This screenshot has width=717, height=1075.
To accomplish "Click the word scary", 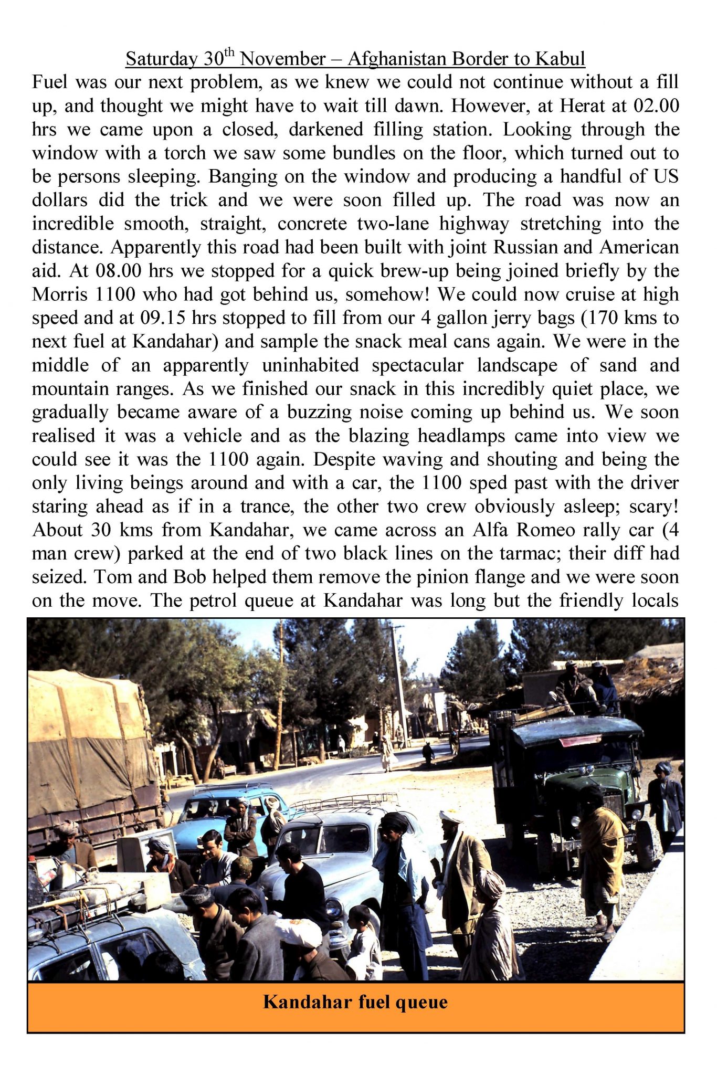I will tap(653, 507).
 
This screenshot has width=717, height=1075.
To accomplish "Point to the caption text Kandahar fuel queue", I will tap(355, 1002).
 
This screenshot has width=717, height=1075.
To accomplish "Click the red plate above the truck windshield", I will tap(579, 741).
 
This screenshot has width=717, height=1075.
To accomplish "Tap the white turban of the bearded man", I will tap(450, 816).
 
